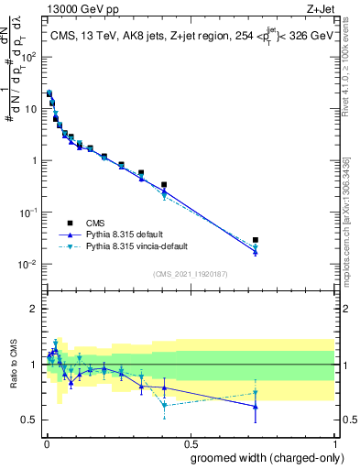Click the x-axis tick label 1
(333, 442)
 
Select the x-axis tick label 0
(45, 442)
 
